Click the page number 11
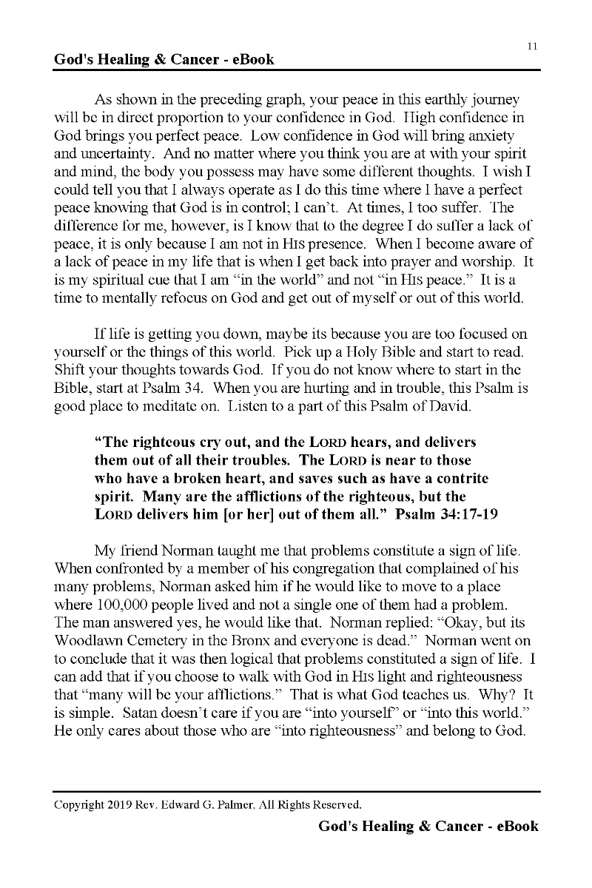(532, 46)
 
